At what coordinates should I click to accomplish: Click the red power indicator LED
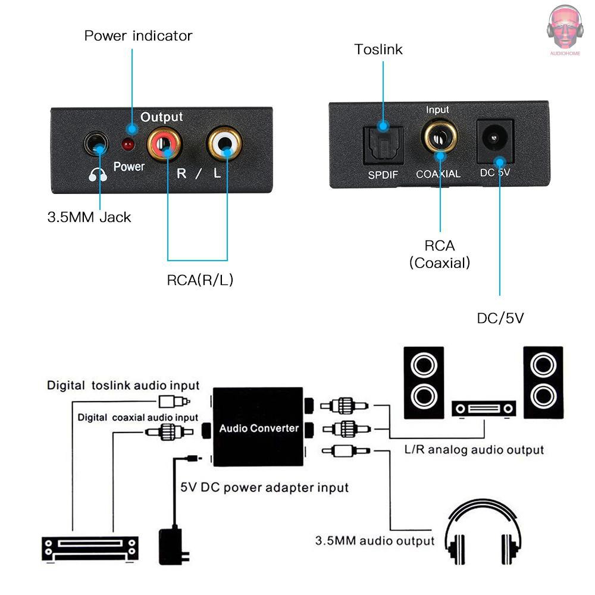pos(127,144)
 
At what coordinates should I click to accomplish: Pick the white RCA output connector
pos(224,143)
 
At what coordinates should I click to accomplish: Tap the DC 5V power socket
pos(495,140)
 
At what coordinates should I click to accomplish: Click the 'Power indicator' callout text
pos(138,36)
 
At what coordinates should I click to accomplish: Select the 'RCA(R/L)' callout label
pos(200,280)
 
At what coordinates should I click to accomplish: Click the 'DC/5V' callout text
pos(500,318)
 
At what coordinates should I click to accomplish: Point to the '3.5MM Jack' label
pos(89,217)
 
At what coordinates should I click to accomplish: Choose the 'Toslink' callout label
pos(378,49)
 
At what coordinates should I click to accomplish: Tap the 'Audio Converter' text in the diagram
pos(259,428)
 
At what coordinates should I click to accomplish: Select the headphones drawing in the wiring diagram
pos(483,533)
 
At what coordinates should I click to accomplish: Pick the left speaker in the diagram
pos(423,381)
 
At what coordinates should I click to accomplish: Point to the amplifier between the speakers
pos(484,409)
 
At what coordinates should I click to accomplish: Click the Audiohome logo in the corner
pos(565,30)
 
